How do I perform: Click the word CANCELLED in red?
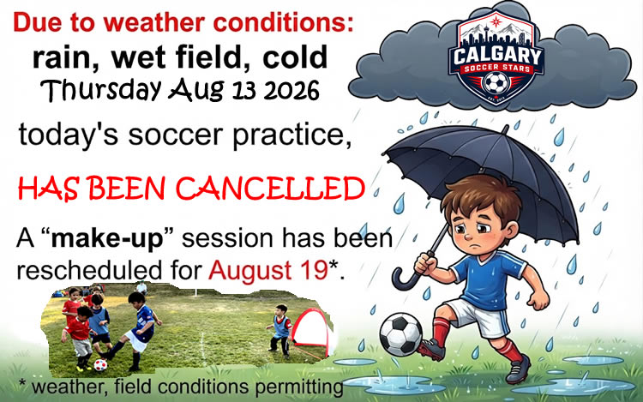270,189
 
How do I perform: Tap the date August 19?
267,271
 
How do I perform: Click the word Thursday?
101,90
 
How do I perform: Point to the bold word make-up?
107,239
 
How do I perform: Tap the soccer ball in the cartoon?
400,334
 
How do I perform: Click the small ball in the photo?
100,364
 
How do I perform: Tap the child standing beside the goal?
280,331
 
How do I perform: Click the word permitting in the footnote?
298,387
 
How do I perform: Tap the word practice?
291,135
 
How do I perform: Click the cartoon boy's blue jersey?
487,279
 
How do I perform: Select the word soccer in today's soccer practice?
177,135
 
